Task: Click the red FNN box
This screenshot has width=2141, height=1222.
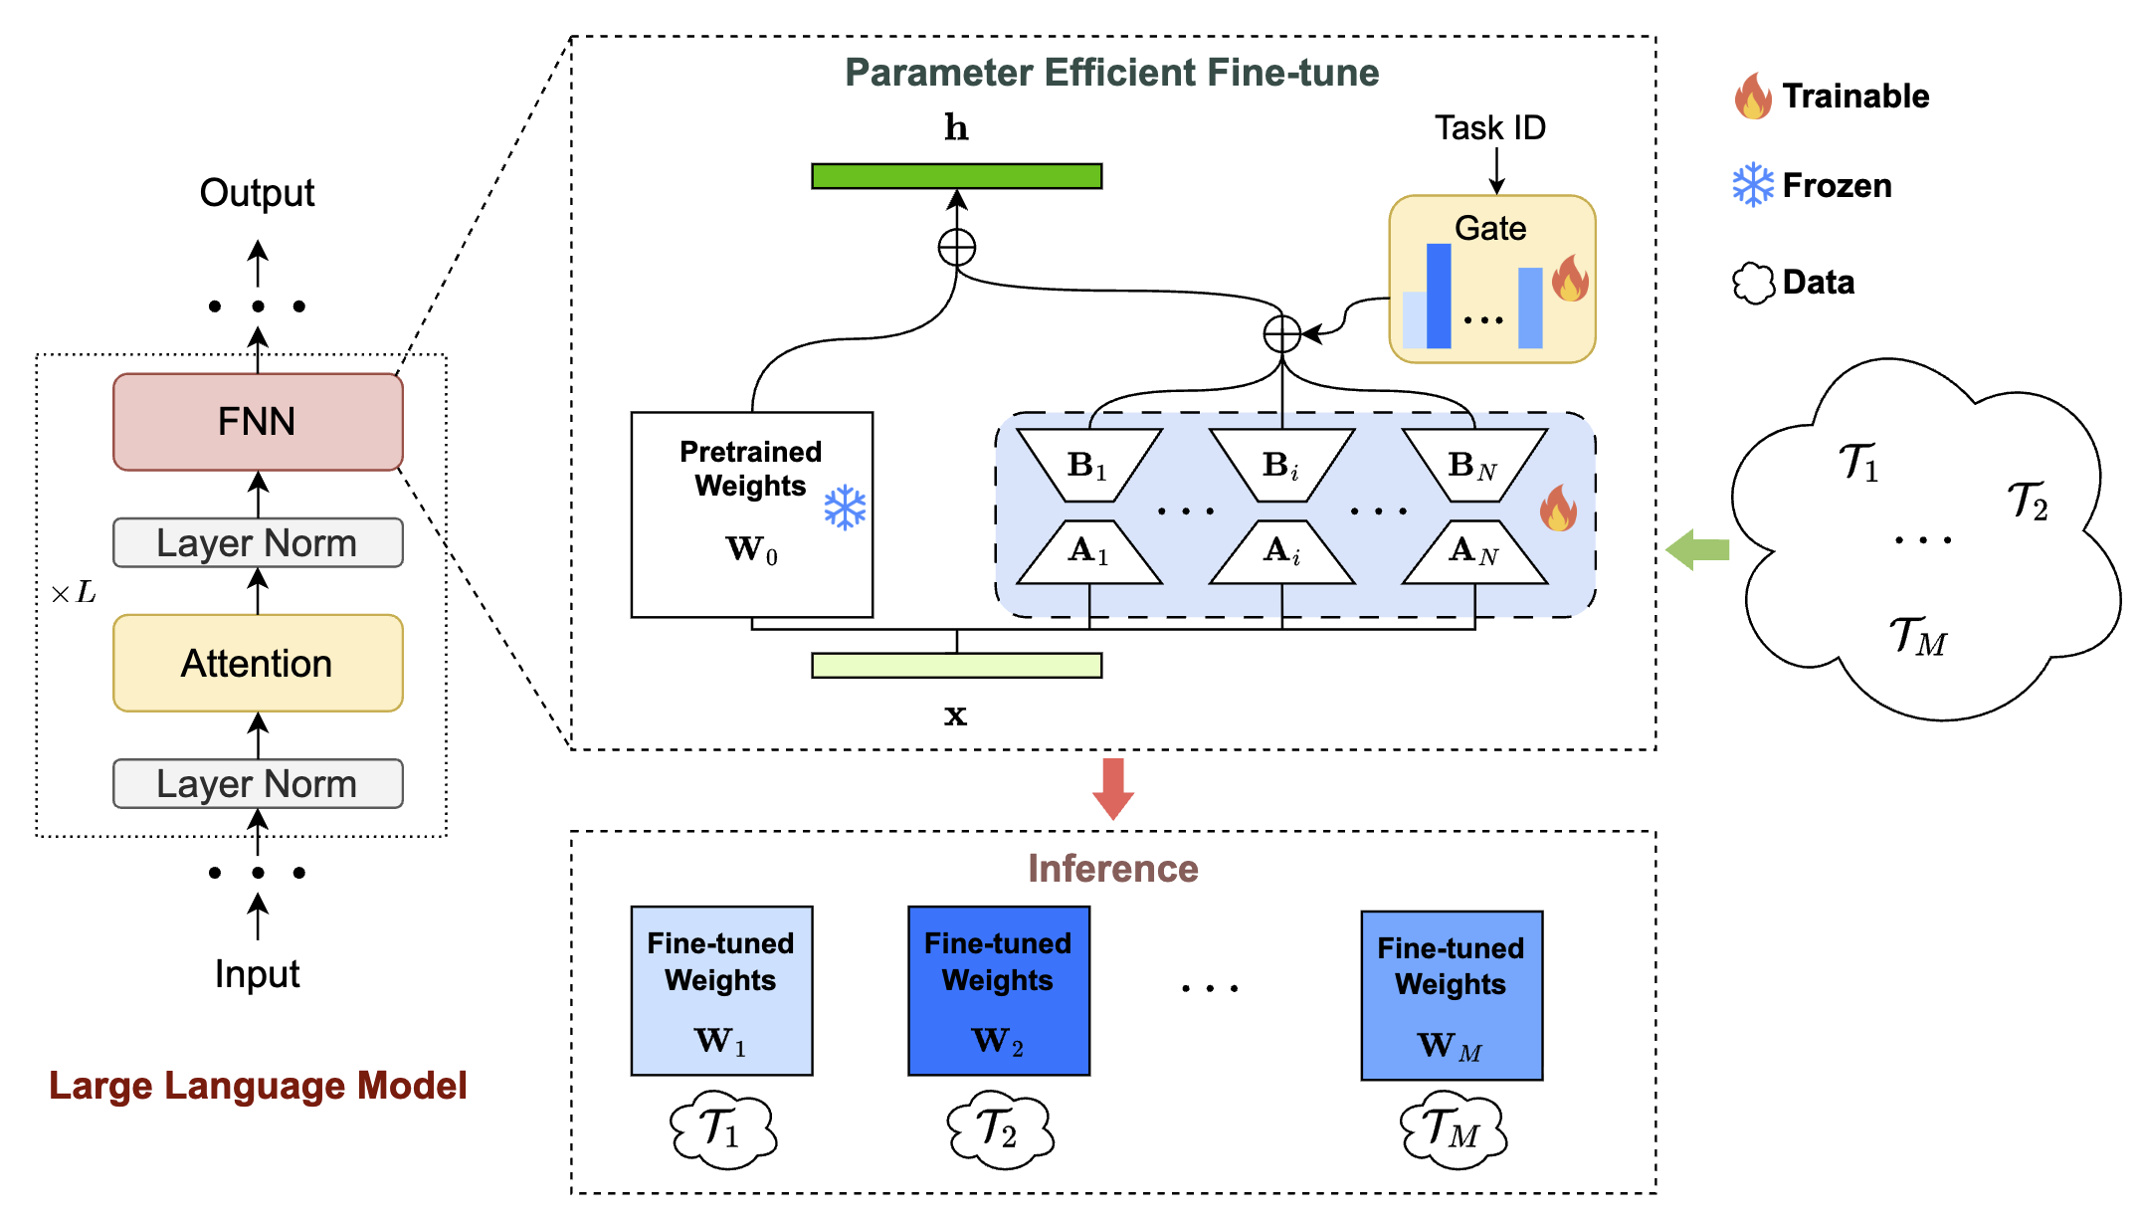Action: [x=258, y=422]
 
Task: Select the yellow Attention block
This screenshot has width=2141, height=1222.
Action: [x=258, y=663]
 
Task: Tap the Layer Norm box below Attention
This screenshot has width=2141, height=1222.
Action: [x=258, y=784]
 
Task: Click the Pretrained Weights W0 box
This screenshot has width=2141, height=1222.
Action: [x=751, y=514]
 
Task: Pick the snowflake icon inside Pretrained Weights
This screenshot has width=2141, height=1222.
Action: [x=845, y=508]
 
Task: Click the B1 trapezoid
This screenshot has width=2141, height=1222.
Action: [x=1088, y=465]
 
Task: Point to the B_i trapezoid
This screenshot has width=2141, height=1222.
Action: [x=1281, y=465]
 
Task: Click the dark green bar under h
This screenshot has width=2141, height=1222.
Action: [x=956, y=176]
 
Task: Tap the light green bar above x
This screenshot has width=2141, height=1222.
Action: [x=956, y=666]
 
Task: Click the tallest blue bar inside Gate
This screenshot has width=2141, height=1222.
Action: [x=1439, y=296]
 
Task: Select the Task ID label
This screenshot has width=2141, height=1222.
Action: [x=1489, y=128]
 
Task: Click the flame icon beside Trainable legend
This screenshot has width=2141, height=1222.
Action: [x=1753, y=97]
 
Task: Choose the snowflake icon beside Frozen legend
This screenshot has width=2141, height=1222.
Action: [x=1753, y=185]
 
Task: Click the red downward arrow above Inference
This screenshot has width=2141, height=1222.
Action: [x=1113, y=787]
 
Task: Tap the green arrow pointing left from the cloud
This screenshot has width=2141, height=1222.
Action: [x=1697, y=549]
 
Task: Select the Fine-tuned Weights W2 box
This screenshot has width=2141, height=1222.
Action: [x=999, y=990]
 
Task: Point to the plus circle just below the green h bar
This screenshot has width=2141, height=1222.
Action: [x=957, y=247]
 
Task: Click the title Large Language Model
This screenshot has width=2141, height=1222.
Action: [x=258, y=1086]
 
